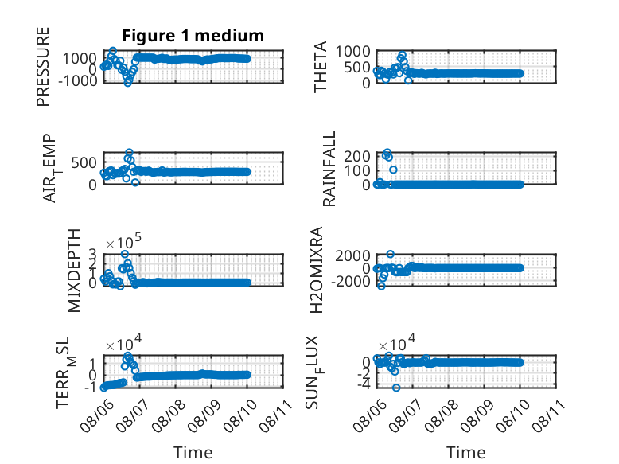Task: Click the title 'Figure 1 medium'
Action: pyautogui.click(x=193, y=36)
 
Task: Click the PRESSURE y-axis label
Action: pyautogui.click(x=43, y=67)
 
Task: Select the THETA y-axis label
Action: pyautogui.click(x=321, y=67)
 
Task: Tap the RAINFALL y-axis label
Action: pyautogui.click(x=329, y=169)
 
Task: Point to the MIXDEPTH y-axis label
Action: pyautogui.click(x=73, y=271)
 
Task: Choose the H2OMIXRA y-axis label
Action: pyautogui.click(x=317, y=270)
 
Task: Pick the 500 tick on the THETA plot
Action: pyautogui.click(x=357, y=67)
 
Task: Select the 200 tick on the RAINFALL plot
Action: pyautogui.click(x=357, y=156)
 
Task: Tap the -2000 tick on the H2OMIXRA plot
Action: pyautogui.click(x=351, y=282)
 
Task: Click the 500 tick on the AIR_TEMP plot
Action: pyautogui.click(x=84, y=162)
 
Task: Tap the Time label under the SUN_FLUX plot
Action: pyautogui.click(x=465, y=453)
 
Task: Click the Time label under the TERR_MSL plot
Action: pyautogui.click(x=193, y=453)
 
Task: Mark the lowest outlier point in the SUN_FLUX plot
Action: pyautogui.click(x=396, y=388)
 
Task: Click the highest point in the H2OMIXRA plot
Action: pyautogui.click(x=390, y=254)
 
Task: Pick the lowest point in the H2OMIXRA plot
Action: pyautogui.click(x=381, y=286)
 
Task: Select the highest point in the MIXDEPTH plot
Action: pyautogui.click(x=124, y=254)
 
